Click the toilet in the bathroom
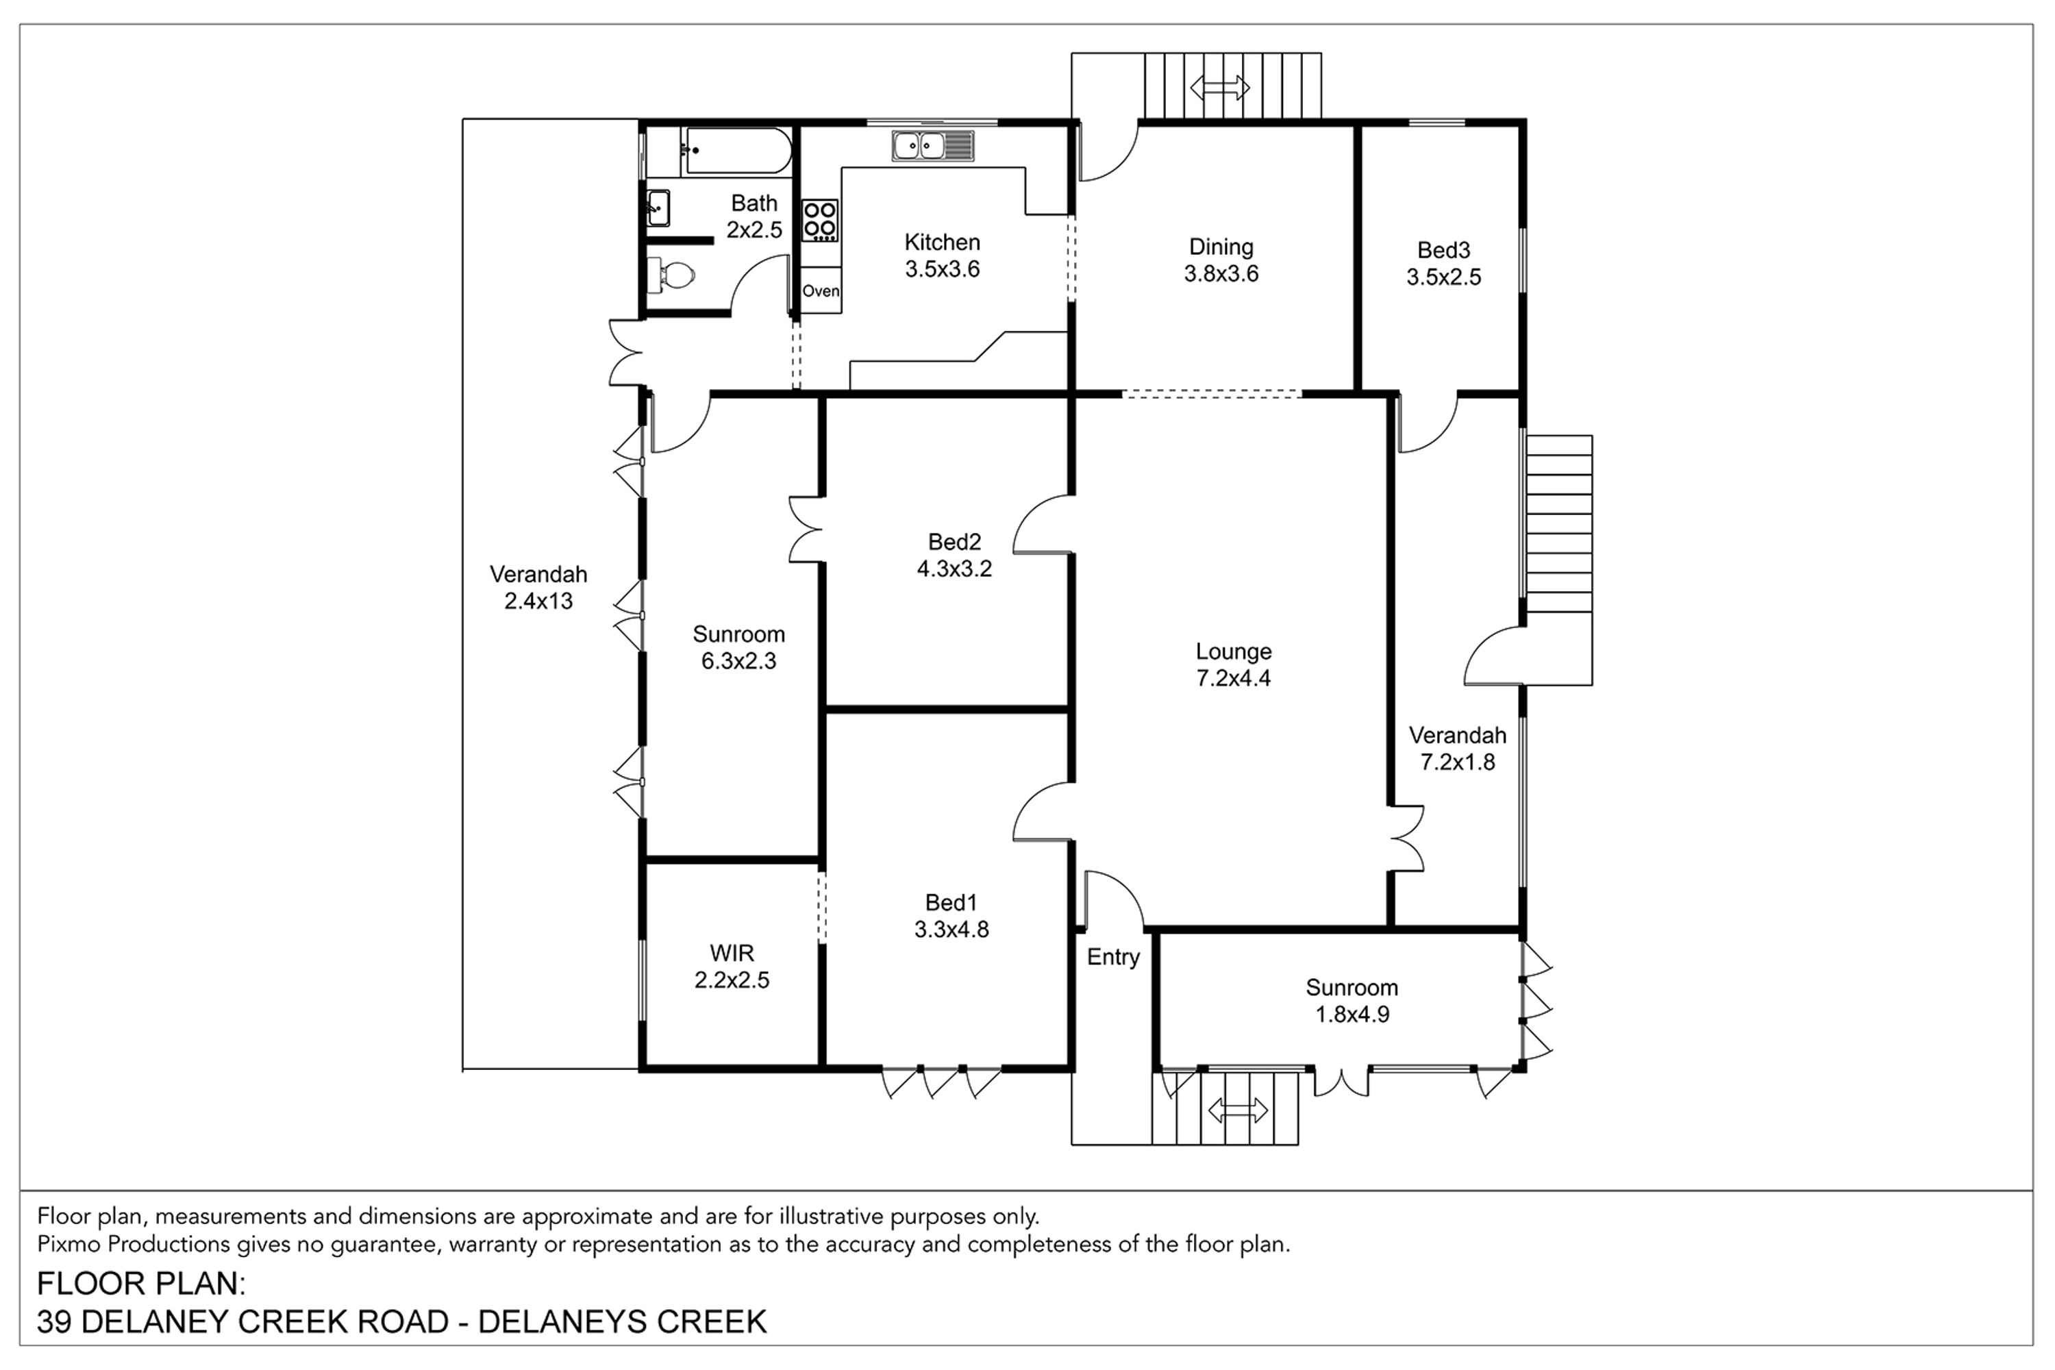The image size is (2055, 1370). coord(671,275)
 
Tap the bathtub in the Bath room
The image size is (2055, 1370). coord(738,151)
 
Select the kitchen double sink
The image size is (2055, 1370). coord(933,145)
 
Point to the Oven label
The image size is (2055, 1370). coord(821,291)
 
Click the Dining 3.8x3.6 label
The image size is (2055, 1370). coord(1221,260)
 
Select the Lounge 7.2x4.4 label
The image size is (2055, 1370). coord(1234,664)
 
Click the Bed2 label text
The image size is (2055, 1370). coord(954,542)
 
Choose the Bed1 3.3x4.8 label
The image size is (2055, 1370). coord(951,916)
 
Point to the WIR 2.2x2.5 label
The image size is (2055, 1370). coord(732,967)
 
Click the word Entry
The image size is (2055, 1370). coord(1113,958)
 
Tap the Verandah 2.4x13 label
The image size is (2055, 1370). coord(538,587)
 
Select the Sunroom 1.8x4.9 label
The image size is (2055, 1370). coord(1352,1000)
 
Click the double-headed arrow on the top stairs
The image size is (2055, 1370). coord(1220,88)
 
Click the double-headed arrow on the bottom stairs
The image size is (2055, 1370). coord(1237,1110)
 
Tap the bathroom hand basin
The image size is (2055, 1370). coord(658,208)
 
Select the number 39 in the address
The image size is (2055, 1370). coord(54,1322)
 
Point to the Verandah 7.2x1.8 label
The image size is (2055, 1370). coord(1458,749)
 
